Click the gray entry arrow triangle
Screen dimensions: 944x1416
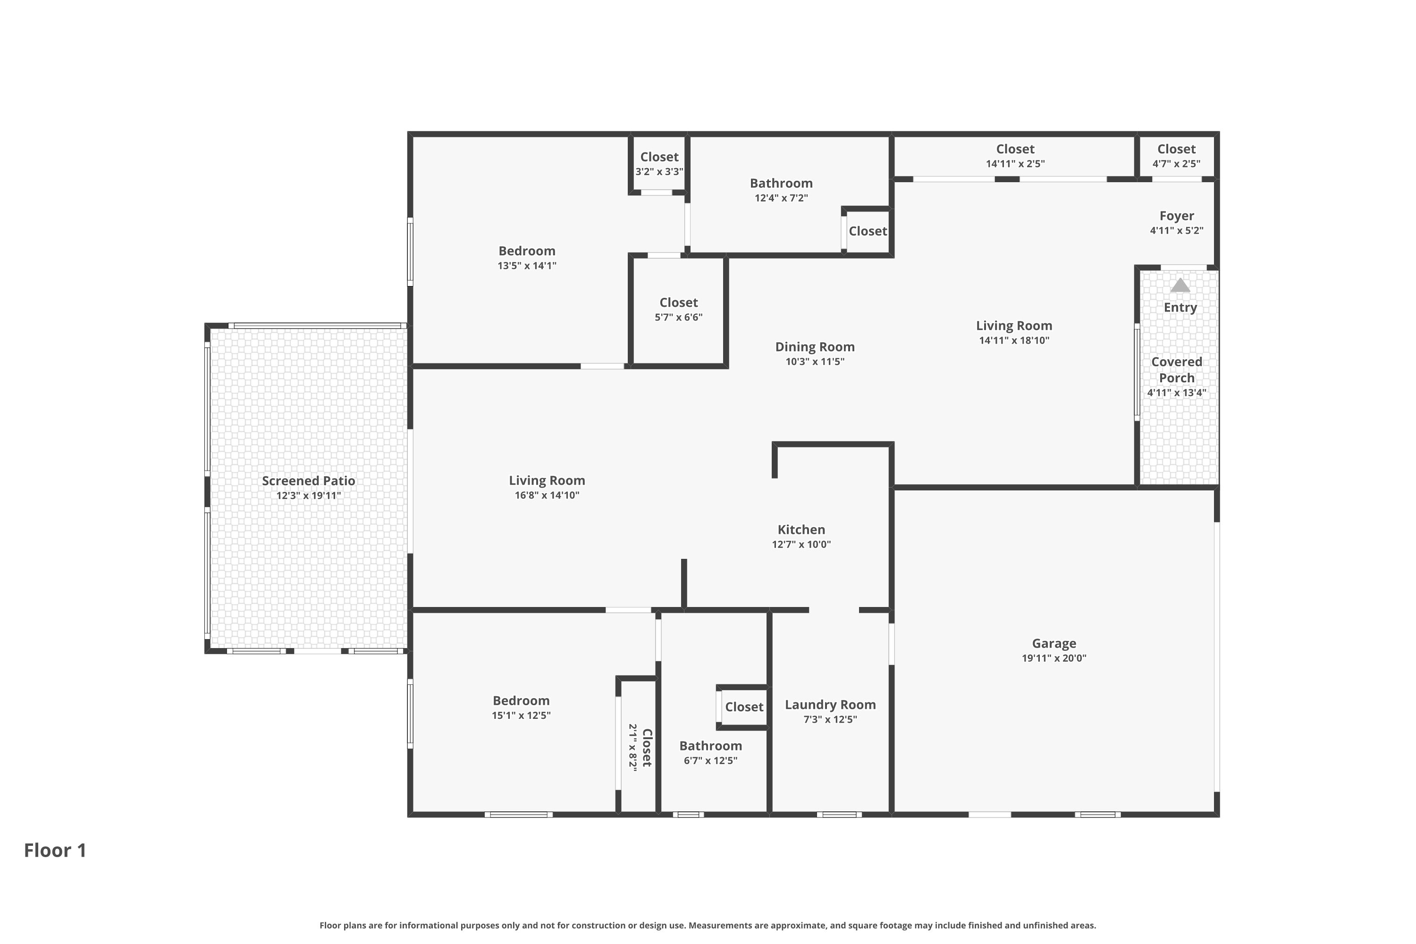[x=1180, y=286]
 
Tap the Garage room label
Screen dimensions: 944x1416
[x=1054, y=644]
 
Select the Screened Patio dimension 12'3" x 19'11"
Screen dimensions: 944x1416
[x=308, y=496]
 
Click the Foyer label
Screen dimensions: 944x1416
[x=1176, y=216]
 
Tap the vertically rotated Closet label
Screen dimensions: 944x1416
[x=647, y=748]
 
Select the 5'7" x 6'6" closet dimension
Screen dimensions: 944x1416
[x=679, y=317]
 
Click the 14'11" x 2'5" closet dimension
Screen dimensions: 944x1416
[x=1015, y=164]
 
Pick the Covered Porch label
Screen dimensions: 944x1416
[x=1176, y=370]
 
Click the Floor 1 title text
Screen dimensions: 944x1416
[x=55, y=850]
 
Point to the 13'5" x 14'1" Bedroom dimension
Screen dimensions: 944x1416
[x=527, y=265]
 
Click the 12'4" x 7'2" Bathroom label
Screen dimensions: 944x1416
[x=781, y=183]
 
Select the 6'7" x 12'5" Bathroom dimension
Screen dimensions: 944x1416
[x=710, y=760]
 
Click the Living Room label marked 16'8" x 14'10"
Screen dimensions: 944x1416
[x=547, y=480]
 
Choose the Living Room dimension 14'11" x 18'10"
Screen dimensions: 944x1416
[x=1014, y=340]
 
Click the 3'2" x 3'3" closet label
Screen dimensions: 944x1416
[x=659, y=157]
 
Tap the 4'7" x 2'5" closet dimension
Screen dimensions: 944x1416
[x=1176, y=164]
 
